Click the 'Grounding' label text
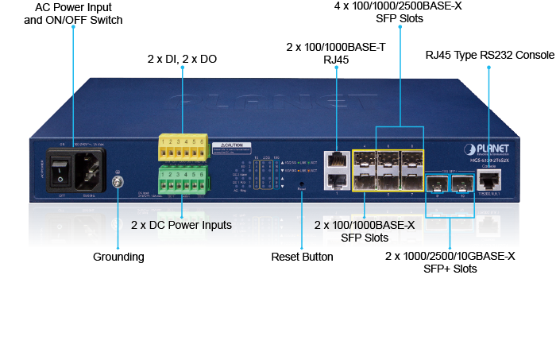pos(118,257)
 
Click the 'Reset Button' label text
pos(302,257)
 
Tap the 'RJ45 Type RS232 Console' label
pos(488,55)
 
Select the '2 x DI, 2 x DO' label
pos(182,59)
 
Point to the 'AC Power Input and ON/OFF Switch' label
pos(72,14)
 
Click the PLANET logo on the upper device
pos(499,149)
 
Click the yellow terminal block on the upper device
pos(183,148)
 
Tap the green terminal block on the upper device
pos(183,178)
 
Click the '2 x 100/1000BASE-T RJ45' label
pos(336,53)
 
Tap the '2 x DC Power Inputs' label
pos(181,226)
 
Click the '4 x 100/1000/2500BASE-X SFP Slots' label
pos(400,14)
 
